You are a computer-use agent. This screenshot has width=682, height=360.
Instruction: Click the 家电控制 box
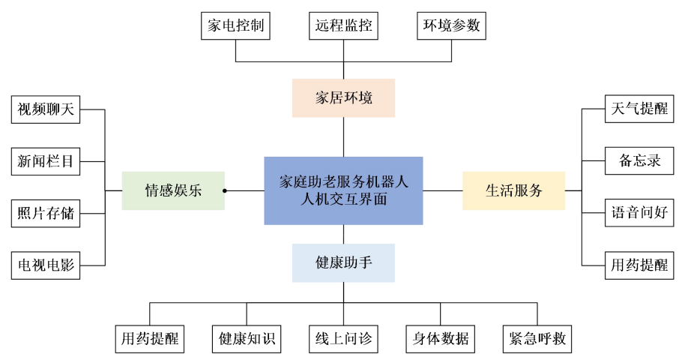point(235,26)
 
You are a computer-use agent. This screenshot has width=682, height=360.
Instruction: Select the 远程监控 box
point(343,26)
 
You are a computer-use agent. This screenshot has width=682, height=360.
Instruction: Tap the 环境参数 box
point(451,26)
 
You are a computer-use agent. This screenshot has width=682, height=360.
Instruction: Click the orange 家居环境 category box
point(343,97)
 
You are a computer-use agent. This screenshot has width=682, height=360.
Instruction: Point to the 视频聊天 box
point(46,109)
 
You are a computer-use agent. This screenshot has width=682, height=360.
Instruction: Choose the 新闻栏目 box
point(46,160)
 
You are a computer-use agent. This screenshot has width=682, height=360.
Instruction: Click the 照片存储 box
point(46,213)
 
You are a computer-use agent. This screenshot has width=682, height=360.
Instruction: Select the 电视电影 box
point(46,265)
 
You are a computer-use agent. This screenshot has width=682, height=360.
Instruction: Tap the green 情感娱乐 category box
point(173,190)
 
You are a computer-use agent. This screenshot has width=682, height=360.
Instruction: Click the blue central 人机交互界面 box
point(343,190)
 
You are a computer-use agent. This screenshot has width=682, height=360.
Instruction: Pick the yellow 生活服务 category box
point(513,190)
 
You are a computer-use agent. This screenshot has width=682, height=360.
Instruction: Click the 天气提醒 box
point(639,109)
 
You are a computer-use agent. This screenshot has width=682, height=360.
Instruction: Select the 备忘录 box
point(639,160)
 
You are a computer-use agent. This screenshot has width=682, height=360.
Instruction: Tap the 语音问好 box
point(639,213)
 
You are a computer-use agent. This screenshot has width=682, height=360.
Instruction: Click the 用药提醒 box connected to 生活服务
point(639,265)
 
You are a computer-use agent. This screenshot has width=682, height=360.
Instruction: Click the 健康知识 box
point(247,338)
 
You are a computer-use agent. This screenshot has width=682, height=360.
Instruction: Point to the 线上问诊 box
point(343,338)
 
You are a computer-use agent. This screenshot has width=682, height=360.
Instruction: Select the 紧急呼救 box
point(537,338)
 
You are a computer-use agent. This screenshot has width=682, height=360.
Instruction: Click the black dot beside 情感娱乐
point(225,190)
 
